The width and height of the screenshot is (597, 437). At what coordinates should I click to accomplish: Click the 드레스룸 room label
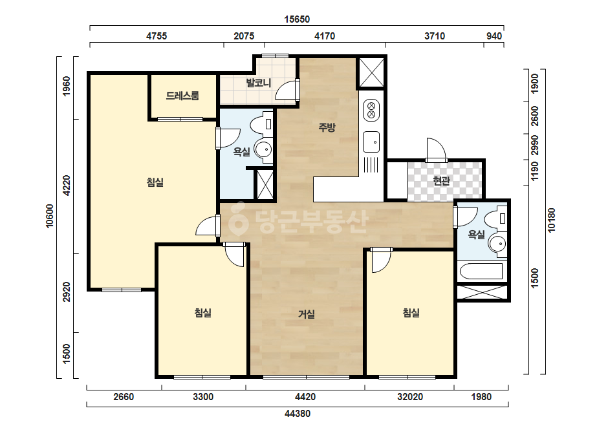[x=182, y=96]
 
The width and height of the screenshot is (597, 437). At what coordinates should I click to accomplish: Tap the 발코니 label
[x=259, y=83]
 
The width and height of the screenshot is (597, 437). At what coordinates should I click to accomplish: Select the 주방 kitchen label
[x=327, y=127]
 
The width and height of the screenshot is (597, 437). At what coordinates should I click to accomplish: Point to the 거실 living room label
[x=307, y=314]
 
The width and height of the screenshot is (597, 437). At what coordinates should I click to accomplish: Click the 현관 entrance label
[x=442, y=181]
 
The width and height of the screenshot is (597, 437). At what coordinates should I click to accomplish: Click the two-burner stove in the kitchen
[x=371, y=110]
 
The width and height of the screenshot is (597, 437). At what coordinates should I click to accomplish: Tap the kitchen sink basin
[x=371, y=142]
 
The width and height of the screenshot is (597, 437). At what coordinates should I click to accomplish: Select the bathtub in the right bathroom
[x=481, y=272]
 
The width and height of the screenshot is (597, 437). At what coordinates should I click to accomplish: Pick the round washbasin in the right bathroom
[x=497, y=243]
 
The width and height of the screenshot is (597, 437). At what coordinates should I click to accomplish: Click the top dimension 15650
[x=297, y=19]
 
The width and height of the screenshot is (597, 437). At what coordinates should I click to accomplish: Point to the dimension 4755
[x=157, y=36]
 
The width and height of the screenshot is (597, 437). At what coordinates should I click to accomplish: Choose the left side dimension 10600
[x=50, y=216]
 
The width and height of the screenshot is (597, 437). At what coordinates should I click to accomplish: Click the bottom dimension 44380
[x=298, y=413]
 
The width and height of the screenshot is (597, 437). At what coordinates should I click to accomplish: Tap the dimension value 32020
[x=410, y=397]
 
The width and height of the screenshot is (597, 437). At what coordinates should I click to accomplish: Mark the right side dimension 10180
[x=551, y=220]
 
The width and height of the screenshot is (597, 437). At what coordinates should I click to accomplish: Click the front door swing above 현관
[x=437, y=149]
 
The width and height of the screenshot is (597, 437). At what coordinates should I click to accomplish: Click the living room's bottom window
[x=306, y=378]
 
